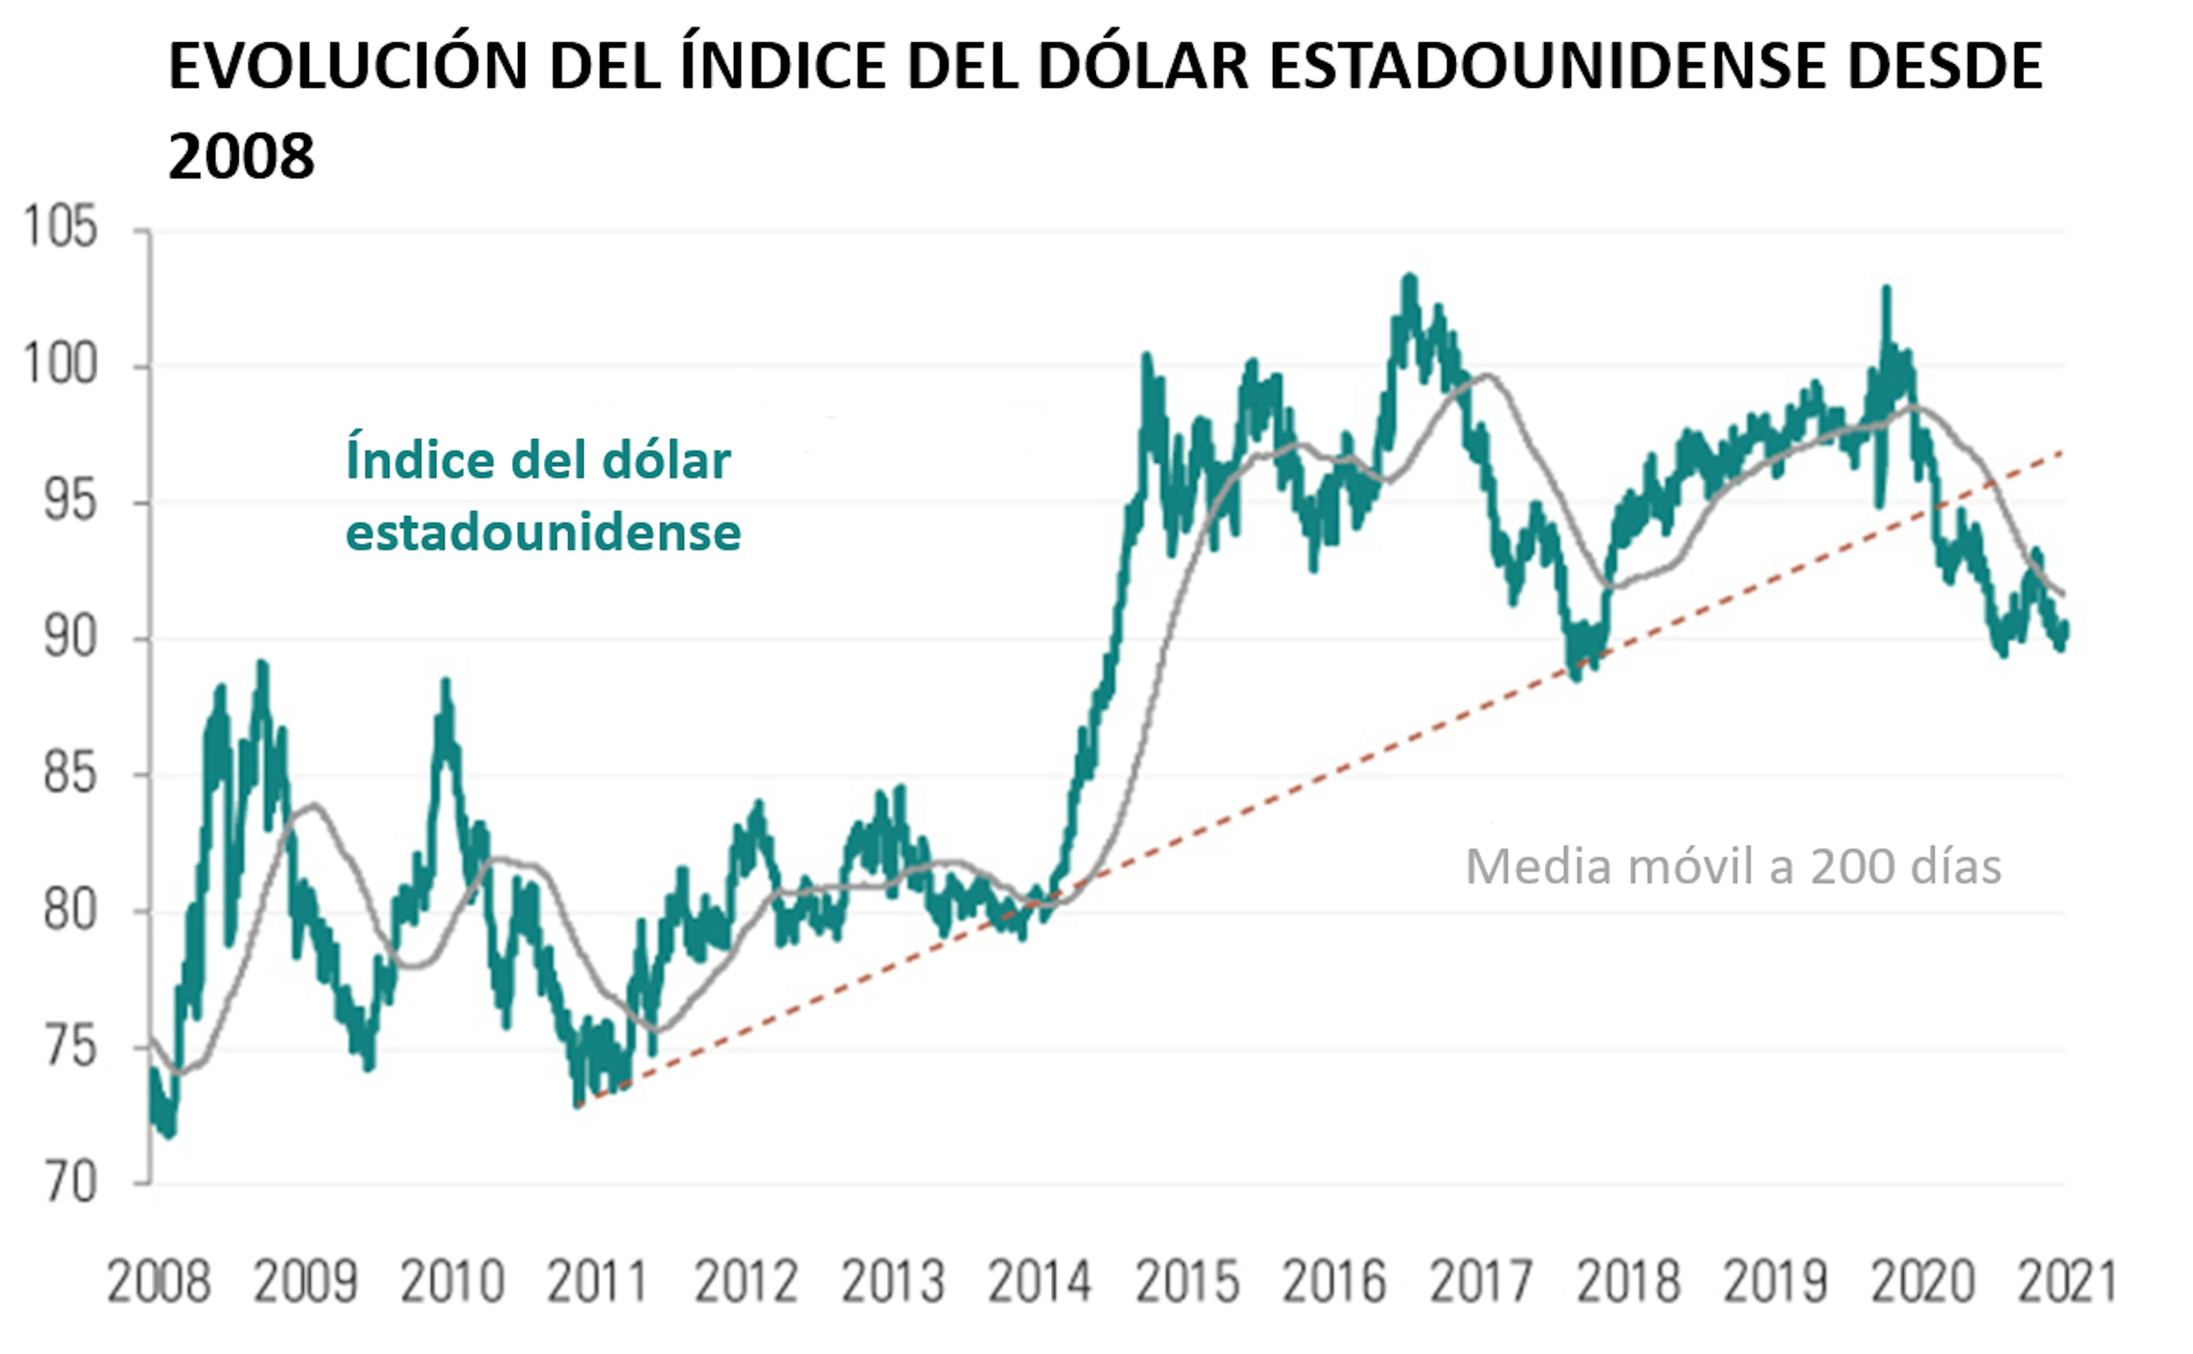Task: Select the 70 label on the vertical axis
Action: coord(70,1183)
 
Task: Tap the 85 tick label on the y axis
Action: coord(70,773)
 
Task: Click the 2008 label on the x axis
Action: coord(159,1283)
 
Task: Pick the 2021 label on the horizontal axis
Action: coord(2067,1283)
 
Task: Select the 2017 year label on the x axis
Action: coord(1481,1283)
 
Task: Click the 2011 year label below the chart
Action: coord(597,1283)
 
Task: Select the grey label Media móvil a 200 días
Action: coord(1733,867)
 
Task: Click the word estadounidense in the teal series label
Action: coord(543,533)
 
